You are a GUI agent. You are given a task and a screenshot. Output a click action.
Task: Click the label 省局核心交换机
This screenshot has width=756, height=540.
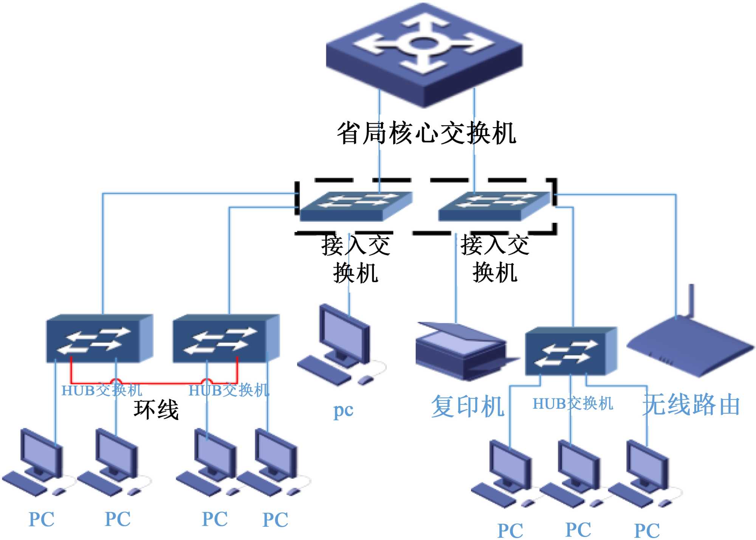click(x=426, y=133)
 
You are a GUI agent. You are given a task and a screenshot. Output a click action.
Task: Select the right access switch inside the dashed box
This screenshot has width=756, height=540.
click(x=493, y=206)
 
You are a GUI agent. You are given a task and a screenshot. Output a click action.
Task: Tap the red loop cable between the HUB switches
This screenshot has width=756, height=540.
click(x=159, y=383)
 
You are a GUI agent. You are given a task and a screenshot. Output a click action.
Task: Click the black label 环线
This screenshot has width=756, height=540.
click(x=156, y=409)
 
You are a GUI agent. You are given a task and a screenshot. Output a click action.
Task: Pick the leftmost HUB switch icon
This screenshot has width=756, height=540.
click(x=99, y=338)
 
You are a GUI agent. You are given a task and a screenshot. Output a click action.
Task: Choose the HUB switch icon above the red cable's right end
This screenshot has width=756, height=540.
click(x=226, y=338)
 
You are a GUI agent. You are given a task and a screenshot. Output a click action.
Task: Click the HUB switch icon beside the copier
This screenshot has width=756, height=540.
click(x=571, y=351)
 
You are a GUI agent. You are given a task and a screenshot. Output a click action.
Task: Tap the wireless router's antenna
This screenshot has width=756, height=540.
click(x=691, y=301)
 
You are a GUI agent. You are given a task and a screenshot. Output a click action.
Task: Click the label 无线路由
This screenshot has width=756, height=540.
click(x=691, y=405)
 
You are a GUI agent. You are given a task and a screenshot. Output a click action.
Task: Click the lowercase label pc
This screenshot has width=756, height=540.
click(x=343, y=410)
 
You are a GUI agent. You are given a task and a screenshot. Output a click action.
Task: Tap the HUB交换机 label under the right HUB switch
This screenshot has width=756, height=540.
click(x=573, y=404)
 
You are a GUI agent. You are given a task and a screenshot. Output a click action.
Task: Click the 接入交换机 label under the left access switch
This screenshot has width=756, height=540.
click(x=355, y=259)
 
